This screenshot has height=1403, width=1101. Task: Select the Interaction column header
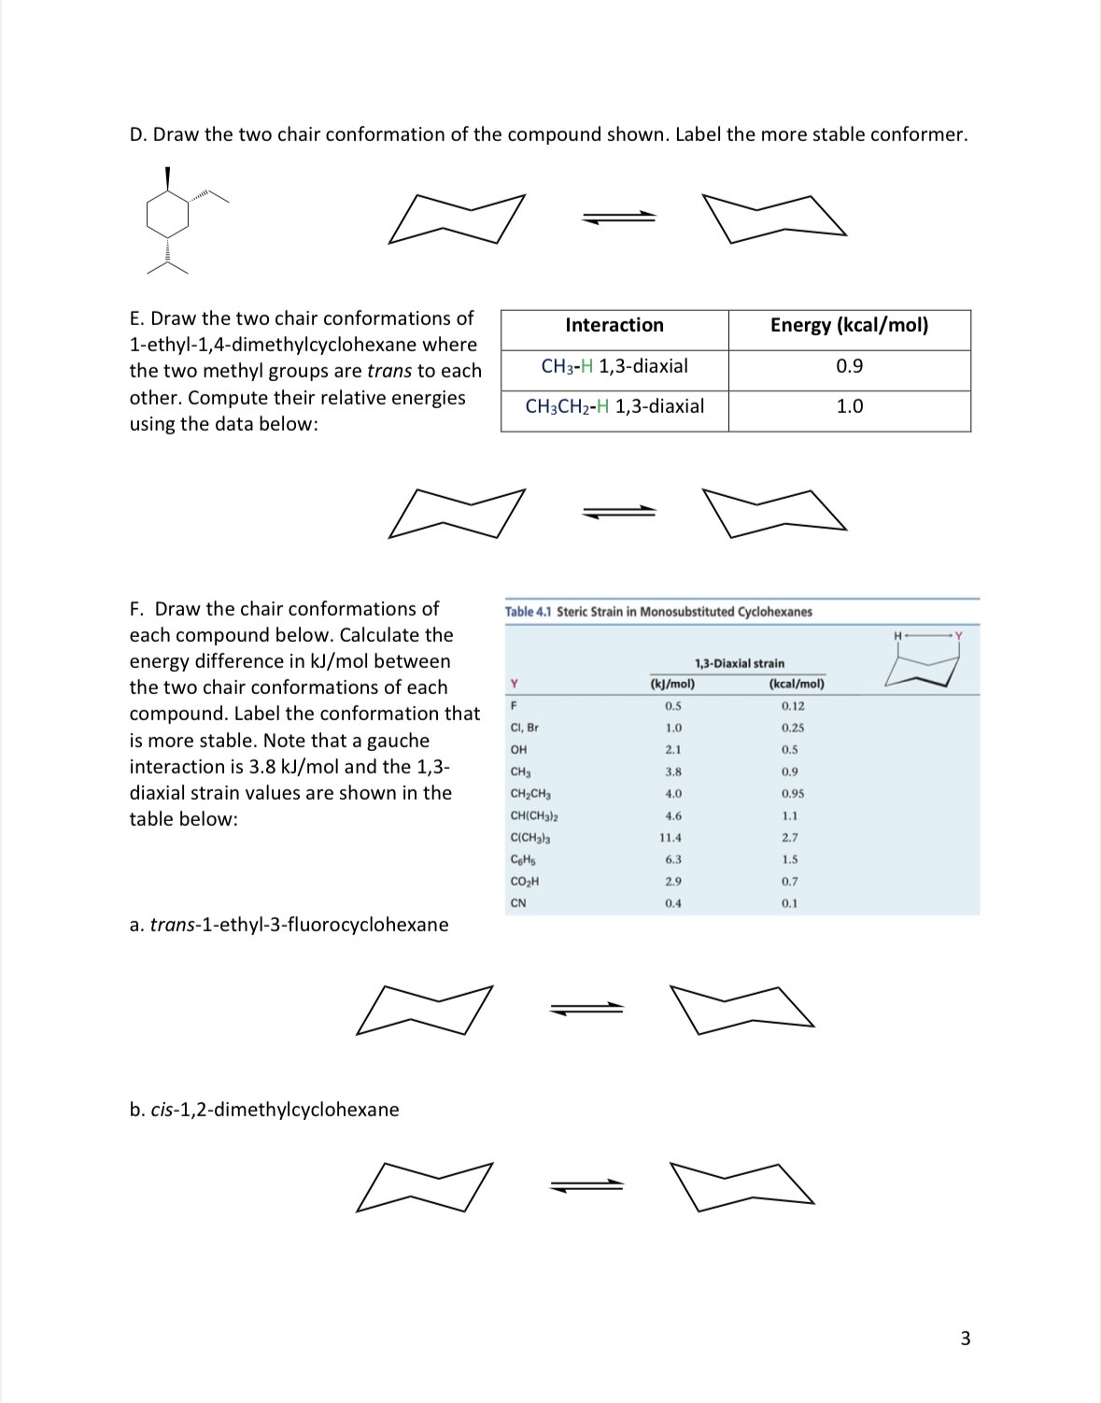(x=614, y=325)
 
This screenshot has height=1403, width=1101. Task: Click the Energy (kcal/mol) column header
(x=849, y=325)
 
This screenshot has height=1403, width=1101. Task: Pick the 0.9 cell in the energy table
(x=849, y=366)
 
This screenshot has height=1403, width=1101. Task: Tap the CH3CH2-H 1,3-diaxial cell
(x=614, y=406)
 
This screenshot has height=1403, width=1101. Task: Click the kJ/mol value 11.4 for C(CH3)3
(x=670, y=838)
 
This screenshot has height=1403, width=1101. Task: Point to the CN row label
(x=518, y=903)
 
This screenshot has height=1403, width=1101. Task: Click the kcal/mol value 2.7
(x=790, y=838)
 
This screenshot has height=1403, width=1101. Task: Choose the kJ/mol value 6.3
(x=672, y=859)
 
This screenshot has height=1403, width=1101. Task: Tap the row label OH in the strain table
(x=518, y=749)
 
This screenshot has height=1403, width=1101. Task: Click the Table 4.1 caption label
(x=529, y=612)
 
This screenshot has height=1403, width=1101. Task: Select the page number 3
(x=966, y=1339)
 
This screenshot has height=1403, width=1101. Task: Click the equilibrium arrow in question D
(x=618, y=217)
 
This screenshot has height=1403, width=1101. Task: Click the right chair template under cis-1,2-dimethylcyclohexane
(x=742, y=1188)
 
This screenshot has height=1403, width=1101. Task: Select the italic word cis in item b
(x=161, y=1110)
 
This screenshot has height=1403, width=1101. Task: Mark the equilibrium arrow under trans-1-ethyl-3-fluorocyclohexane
(x=586, y=1007)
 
